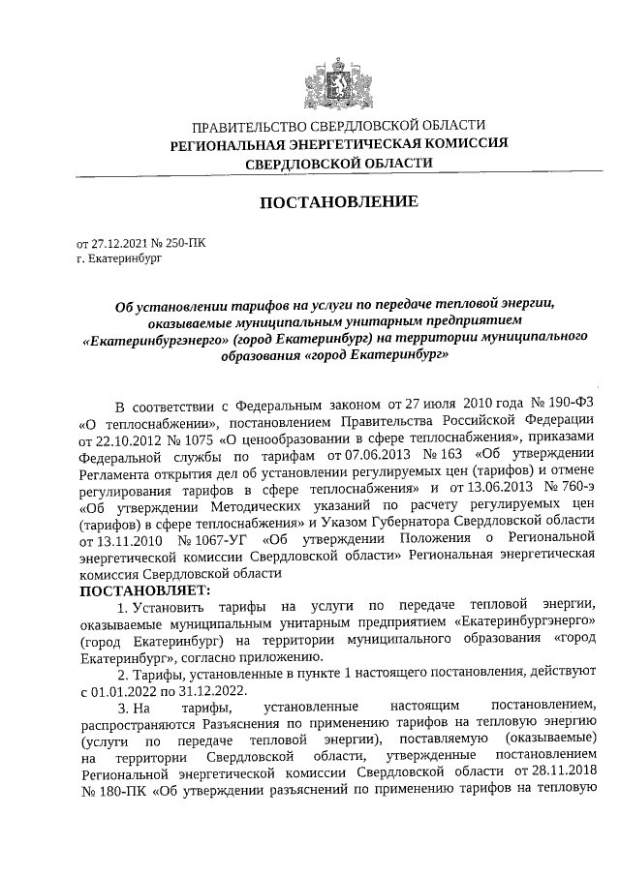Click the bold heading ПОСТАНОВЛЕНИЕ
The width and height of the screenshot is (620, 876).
click(338, 202)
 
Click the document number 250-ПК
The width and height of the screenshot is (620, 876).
click(183, 246)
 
